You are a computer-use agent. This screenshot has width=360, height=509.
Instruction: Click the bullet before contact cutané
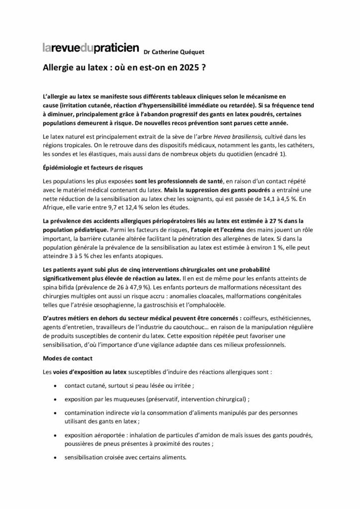pos(54,385)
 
